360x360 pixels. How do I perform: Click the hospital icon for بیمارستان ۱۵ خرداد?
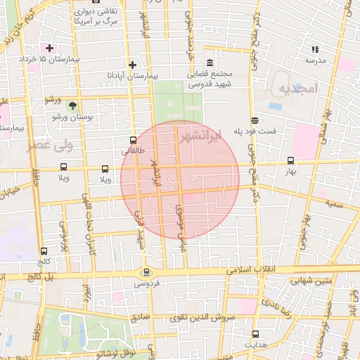(x=49, y=48)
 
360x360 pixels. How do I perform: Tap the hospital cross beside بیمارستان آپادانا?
(x=131, y=65)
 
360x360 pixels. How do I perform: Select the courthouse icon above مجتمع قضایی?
(x=210, y=63)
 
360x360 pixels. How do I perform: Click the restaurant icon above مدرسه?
(x=315, y=49)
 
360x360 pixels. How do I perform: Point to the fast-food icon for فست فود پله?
(x=254, y=120)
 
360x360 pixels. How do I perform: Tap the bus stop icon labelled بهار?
(x=291, y=160)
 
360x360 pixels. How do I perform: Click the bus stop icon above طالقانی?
(x=134, y=140)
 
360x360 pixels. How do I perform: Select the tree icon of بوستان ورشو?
(x=72, y=105)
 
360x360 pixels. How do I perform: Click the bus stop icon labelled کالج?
(x=44, y=250)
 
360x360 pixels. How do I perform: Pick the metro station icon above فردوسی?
(x=146, y=272)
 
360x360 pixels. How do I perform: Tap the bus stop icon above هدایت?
(x=255, y=335)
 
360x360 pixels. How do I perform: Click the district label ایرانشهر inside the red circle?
(x=200, y=134)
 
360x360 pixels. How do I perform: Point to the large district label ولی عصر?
(x=49, y=146)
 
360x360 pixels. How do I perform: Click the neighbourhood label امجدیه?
(x=297, y=89)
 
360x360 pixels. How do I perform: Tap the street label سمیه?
(x=333, y=202)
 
